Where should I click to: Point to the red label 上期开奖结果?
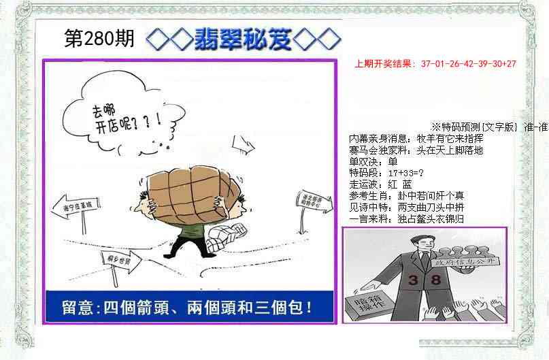click(x=384, y=64)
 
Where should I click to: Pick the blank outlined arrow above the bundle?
click(x=241, y=144)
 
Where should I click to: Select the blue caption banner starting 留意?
click(x=189, y=306)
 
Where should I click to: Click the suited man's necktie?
click(x=423, y=263)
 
